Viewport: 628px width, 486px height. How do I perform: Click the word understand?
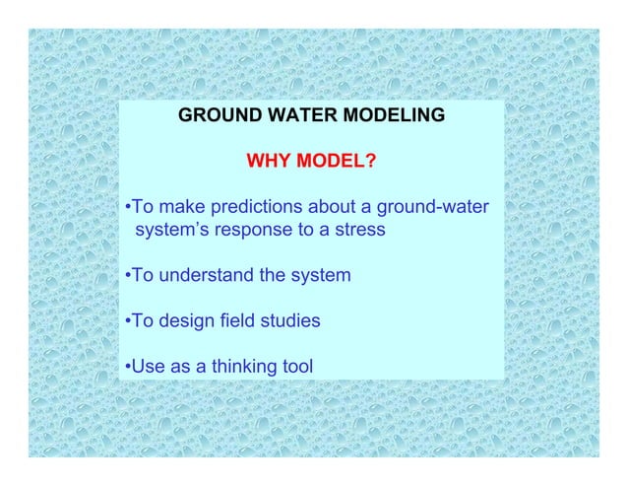point(203,276)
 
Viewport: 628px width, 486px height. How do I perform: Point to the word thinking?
point(236,368)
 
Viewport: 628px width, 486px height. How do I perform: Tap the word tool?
point(297,368)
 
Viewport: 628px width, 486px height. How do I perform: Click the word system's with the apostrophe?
point(173,231)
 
